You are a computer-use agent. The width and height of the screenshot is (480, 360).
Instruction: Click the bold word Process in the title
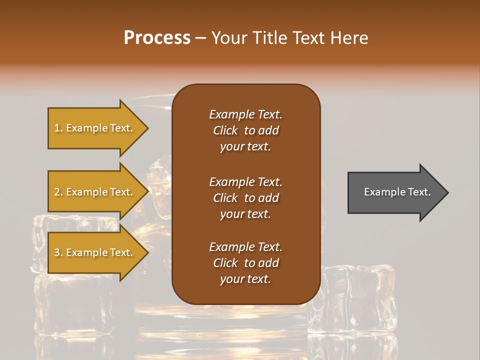click(157, 38)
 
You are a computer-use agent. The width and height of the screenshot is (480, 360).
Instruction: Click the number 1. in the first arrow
click(58, 128)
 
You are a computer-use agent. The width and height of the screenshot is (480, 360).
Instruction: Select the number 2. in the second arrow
click(58, 192)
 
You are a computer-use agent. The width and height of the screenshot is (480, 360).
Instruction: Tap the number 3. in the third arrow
click(58, 252)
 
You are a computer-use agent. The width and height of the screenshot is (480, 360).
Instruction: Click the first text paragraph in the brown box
click(245, 130)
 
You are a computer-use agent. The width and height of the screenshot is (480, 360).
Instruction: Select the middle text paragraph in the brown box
click(245, 198)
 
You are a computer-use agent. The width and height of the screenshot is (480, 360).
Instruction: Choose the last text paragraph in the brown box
click(245, 263)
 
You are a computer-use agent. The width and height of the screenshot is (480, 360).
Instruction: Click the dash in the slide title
click(200, 38)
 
